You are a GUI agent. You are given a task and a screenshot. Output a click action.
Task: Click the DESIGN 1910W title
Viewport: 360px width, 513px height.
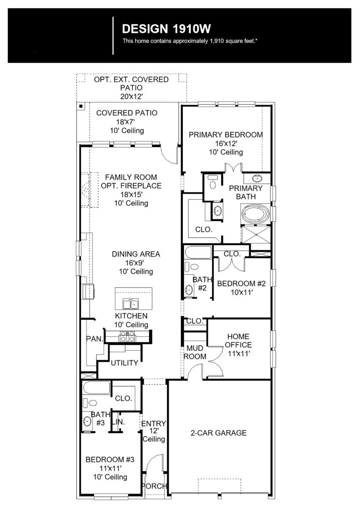pos(166,29)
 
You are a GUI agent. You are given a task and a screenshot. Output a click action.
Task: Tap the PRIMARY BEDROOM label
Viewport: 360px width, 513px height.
pos(226,135)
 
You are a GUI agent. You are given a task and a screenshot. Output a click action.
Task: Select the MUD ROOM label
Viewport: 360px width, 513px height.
pos(195,352)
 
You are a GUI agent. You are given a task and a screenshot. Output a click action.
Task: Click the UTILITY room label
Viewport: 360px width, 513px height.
pos(125,363)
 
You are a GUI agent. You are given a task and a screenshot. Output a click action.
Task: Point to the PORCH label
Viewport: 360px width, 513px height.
pos(155,486)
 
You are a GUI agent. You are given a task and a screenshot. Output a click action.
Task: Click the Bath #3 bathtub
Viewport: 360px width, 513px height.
pos(96,388)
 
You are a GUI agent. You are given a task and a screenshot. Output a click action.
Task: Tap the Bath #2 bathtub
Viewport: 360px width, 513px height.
pos(198,252)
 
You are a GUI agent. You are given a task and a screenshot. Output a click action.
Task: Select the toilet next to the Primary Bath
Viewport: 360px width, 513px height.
pos(213,182)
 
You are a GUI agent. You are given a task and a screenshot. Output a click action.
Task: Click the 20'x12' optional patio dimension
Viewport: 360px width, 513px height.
pos(131,96)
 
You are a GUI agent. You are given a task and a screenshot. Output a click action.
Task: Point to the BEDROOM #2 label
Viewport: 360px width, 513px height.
pos(241,284)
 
